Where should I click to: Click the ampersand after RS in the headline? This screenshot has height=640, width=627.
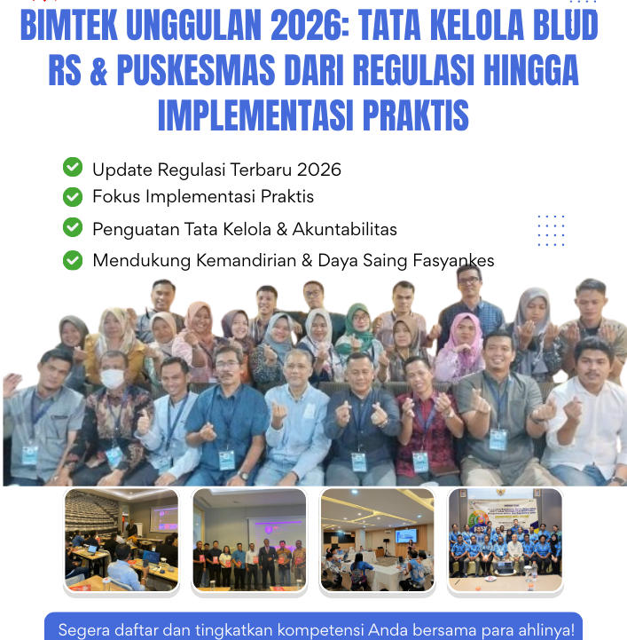coord(98,72)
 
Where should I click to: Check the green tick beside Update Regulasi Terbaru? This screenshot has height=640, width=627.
coord(73,167)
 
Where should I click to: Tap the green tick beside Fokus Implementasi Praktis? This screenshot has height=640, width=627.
coord(73,195)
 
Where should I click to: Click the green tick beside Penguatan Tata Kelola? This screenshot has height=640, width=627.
coord(73,228)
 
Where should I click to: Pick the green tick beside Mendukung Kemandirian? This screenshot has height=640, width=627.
coord(73,260)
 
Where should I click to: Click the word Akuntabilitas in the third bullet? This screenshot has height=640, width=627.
coord(346,229)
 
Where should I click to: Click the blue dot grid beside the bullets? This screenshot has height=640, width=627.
coord(551,230)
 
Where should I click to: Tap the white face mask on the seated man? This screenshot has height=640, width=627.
coord(112,378)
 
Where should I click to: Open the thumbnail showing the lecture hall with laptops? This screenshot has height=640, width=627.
coord(121,539)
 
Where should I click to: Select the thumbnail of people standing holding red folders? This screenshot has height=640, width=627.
coord(249,539)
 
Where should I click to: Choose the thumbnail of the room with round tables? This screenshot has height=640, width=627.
coord(378,539)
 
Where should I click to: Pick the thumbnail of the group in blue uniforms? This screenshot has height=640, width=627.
coord(506,539)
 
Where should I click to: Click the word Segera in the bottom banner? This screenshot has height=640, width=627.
coord(82,630)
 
